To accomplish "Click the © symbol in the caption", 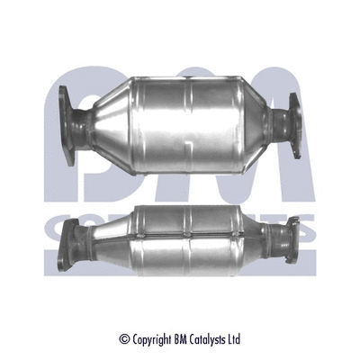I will (x=123, y=339).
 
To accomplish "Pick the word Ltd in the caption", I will (x=233, y=339).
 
